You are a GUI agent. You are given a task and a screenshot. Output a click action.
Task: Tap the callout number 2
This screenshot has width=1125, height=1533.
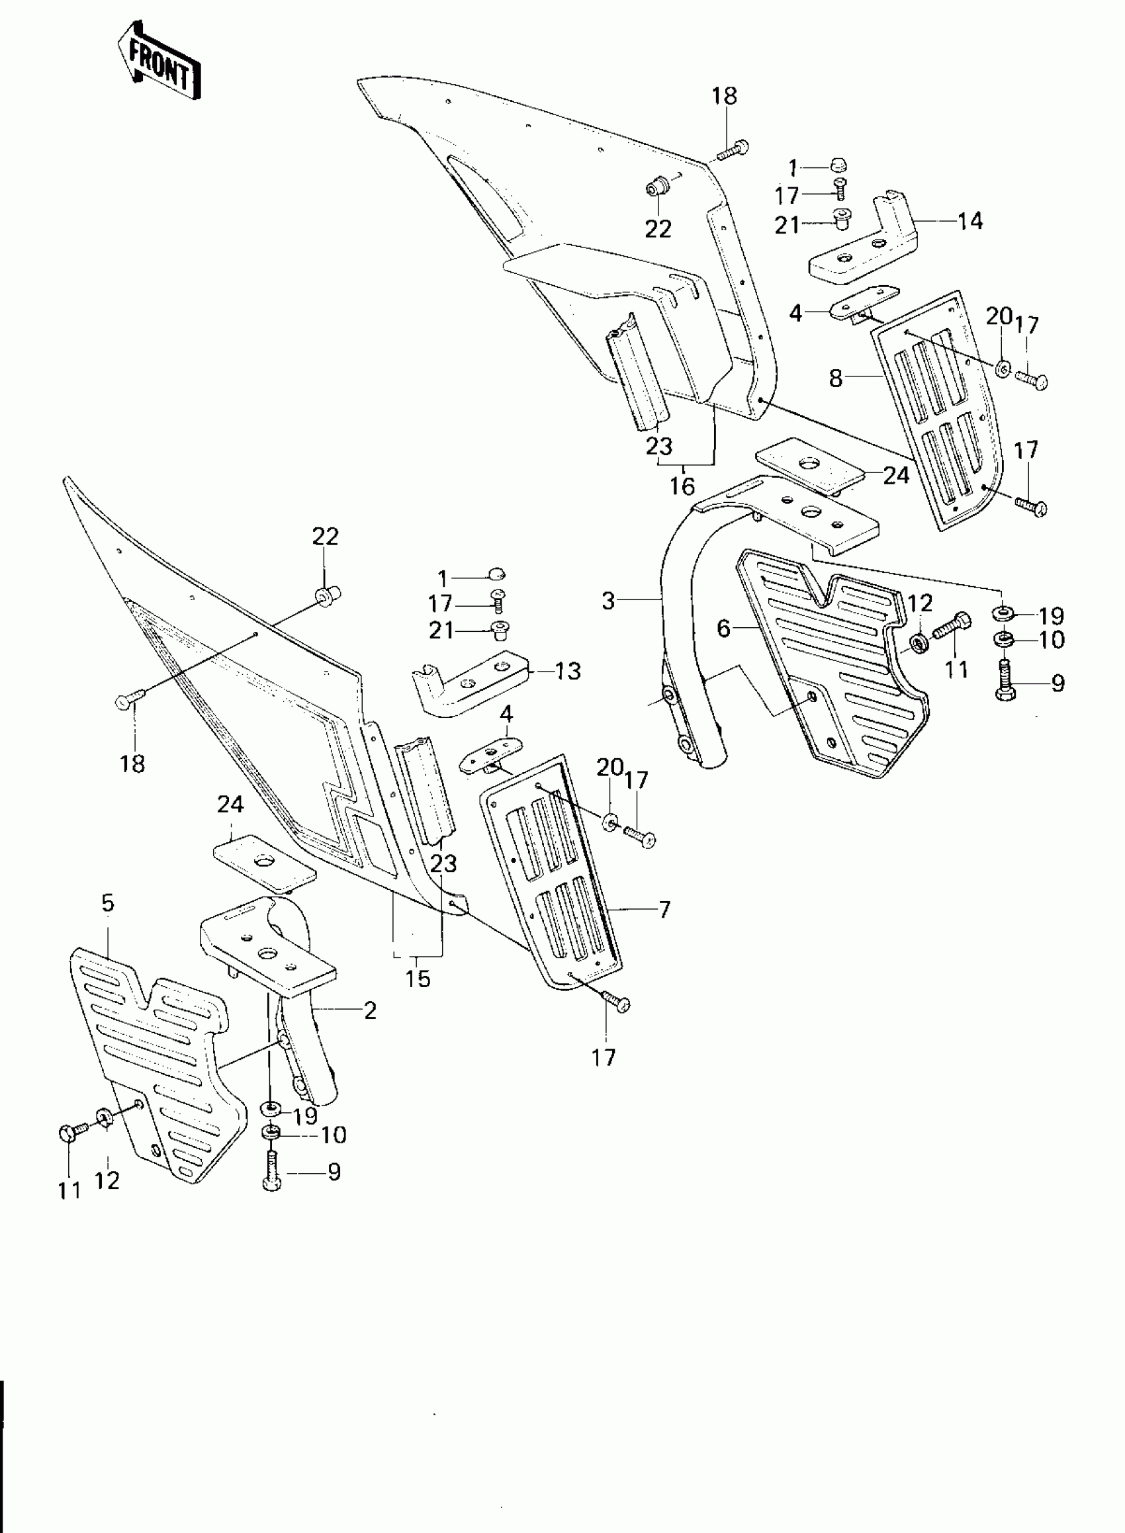(x=370, y=1011)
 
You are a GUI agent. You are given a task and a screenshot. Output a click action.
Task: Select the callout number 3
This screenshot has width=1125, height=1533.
(x=608, y=600)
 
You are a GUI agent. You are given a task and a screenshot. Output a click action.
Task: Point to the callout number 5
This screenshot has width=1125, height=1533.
(x=108, y=903)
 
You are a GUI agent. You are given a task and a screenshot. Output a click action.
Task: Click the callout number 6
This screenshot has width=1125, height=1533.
(x=723, y=629)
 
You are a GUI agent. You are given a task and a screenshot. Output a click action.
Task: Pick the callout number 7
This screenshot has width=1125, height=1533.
(x=664, y=909)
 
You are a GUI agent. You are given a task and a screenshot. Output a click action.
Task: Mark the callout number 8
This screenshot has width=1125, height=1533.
(x=836, y=378)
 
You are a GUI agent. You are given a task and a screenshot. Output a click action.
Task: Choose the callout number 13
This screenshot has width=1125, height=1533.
(x=568, y=671)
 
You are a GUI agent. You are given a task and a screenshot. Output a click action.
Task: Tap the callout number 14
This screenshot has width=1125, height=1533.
(x=970, y=221)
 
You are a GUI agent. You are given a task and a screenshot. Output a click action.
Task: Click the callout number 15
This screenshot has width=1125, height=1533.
(x=418, y=978)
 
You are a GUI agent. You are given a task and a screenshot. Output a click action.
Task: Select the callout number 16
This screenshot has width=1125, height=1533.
(x=682, y=486)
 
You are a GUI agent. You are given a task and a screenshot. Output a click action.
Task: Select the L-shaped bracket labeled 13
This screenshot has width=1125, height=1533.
(x=470, y=687)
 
